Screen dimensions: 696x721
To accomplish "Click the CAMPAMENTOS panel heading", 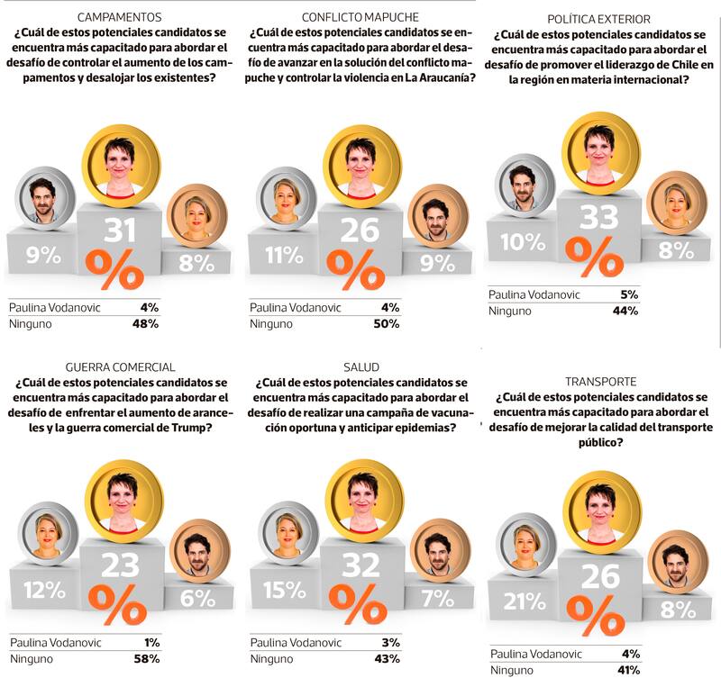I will click(x=120, y=17).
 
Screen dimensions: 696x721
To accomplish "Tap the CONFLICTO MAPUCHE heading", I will click(x=360, y=17).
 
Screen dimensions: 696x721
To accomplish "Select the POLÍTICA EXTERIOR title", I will click(x=599, y=19).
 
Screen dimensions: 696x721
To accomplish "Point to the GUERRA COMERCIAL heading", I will click(x=120, y=366).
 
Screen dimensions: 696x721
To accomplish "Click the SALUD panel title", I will click(x=360, y=366).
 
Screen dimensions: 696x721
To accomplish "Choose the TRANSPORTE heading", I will click(x=598, y=381).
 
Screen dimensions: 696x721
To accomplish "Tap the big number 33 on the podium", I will click(x=600, y=218).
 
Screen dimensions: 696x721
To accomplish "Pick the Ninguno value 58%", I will click(x=146, y=658).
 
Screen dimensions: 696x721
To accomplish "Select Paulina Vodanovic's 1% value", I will click(x=151, y=642).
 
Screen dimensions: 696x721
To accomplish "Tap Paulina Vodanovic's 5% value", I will click(x=629, y=294).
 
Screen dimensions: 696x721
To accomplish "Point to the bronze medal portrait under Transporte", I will click(x=677, y=559).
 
